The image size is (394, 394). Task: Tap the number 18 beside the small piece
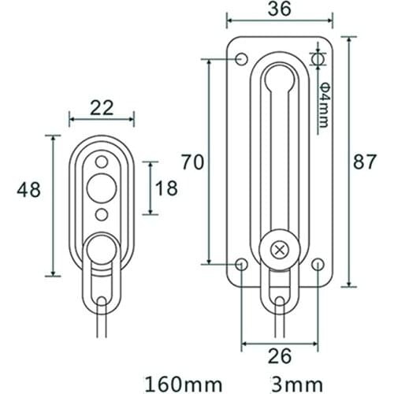pos(167,188)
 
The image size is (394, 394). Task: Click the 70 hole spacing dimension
pos(193,163)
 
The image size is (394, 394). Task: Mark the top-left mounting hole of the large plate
pos(241,57)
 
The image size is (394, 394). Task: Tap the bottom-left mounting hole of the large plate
pos(241,264)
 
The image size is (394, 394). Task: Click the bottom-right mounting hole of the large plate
pos(318,264)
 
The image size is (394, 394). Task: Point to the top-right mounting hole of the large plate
pos(318,58)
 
